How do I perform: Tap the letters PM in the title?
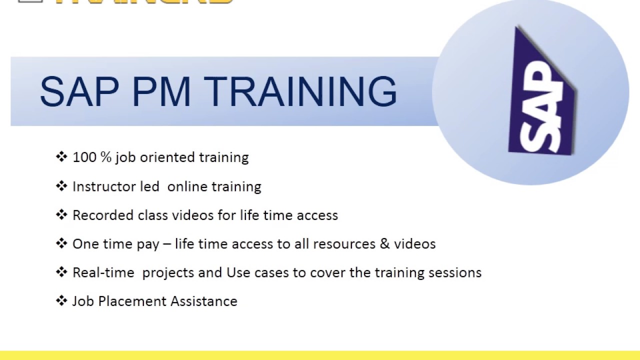click(160, 92)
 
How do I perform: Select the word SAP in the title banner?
click(79, 92)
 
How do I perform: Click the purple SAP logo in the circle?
click(542, 95)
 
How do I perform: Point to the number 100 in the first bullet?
click(84, 157)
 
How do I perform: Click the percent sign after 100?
click(105, 157)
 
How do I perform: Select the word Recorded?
click(103, 215)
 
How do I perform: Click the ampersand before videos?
click(384, 244)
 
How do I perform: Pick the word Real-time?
click(103, 273)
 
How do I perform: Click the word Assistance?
click(203, 301)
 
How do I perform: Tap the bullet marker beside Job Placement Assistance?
click(61, 301)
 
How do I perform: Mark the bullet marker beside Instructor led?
click(61, 186)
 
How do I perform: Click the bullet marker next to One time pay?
click(61, 243)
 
